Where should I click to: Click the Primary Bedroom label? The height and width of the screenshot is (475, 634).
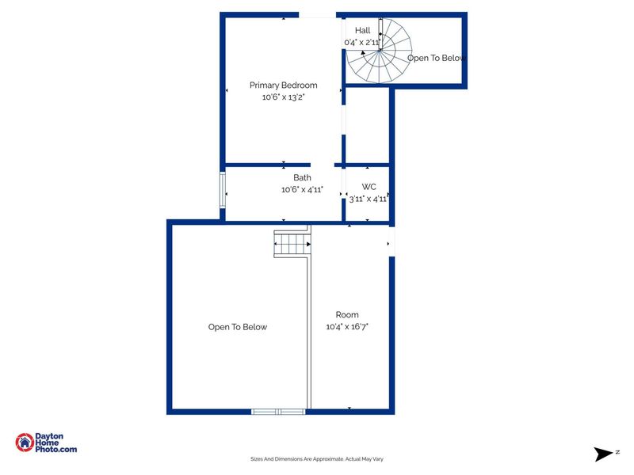point(283,85)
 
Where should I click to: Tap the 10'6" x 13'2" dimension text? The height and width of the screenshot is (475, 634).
point(283,97)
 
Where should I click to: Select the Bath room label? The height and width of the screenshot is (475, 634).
point(302,178)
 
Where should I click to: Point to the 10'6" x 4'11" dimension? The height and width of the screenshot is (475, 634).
point(302,190)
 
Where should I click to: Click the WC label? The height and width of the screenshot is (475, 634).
point(369,187)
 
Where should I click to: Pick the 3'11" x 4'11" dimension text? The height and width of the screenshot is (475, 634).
point(369,199)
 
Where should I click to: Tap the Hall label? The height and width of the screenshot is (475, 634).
point(362,31)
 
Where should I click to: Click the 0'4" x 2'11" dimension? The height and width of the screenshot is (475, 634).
point(362,42)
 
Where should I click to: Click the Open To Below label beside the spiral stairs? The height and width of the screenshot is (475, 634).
point(435,58)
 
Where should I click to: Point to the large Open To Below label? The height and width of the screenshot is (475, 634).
point(238,327)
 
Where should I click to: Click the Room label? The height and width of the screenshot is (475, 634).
point(347,314)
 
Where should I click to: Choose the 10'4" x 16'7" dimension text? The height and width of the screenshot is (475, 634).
point(347,326)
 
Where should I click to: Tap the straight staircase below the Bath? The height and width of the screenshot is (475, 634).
point(292,243)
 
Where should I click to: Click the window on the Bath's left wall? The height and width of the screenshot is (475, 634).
point(223,192)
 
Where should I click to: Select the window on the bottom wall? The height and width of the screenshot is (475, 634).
point(278,411)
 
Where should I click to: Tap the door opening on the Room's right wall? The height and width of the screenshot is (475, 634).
point(391,241)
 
